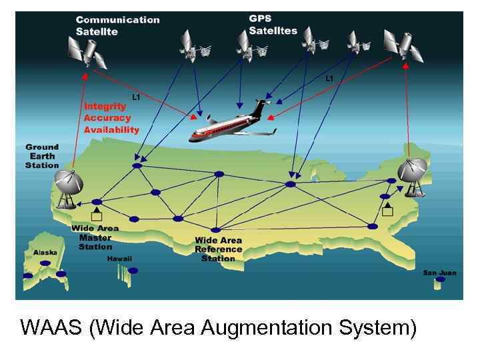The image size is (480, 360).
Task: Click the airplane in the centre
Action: coord(230,125)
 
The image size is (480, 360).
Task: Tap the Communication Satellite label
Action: coord(117,25)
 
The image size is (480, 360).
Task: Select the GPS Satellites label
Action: coord(273,25)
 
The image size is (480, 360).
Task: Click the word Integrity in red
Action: coord(105,106)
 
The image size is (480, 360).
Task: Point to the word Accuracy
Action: coord(107,117)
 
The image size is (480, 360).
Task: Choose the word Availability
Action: coord(111,129)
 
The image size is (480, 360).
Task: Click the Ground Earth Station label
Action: coord(42,155)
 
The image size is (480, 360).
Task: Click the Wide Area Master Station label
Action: coord(95,237)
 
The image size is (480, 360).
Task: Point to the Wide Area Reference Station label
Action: coord(218,249)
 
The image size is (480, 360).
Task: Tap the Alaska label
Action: coord(45,252)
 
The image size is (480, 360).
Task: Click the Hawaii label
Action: coord(119,259)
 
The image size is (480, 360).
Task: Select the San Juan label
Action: coord(439,273)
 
